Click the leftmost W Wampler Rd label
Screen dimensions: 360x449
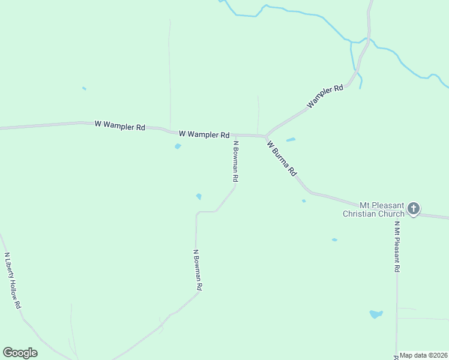pyautogui.click(x=120, y=126)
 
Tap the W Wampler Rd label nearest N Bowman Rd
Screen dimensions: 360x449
pyautogui.click(x=204, y=134)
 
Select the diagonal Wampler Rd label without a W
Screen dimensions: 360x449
pyautogui.click(x=325, y=97)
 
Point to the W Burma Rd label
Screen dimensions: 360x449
pyautogui.click(x=282, y=158)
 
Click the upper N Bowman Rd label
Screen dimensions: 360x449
pyautogui.click(x=236, y=161)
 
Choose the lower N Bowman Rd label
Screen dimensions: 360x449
pyautogui.click(x=197, y=270)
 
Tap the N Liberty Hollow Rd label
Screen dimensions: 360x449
pyautogui.click(x=13, y=280)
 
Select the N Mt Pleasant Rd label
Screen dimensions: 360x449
pyautogui.click(x=397, y=247)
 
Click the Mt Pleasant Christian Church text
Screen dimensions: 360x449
pyautogui.click(x=375, y=209)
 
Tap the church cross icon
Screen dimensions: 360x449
pyautogui.click(x=413, y=209)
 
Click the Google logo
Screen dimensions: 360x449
pyautogui.click(x=20, y=353)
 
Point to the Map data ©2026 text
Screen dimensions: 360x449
pyautogui.click(x=423, y=355)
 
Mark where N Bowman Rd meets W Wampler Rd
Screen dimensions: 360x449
pyautogui.click(x=233, y=135)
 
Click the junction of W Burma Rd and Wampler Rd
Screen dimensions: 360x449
pyautogui.click(x=265, y=136)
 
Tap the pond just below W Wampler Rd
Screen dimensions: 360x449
pyautogui.click(x=178, y=146)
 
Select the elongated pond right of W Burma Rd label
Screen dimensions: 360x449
pyautogui.click(x=291, y=140)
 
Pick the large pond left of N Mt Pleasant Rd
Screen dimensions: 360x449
pyautogui.click(x=376, y=314)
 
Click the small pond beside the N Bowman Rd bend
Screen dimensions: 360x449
pyautogui.click(x=199, y=196)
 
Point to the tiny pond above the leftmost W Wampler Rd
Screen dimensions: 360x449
pyautogui.click(x=84, y=88)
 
